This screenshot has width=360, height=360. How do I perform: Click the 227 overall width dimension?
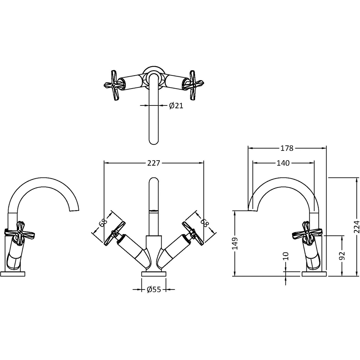153,163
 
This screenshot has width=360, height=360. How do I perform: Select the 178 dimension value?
287,148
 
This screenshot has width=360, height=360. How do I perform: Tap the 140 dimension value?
283,163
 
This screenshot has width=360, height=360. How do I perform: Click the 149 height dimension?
235,243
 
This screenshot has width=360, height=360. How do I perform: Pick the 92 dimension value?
342,255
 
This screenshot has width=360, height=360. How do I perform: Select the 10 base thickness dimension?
286,256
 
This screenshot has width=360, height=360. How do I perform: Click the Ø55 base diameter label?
153,289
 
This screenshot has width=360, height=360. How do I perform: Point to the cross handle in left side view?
15,231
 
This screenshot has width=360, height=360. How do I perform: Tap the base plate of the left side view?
13,274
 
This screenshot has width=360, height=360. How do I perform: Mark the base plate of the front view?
154,274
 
